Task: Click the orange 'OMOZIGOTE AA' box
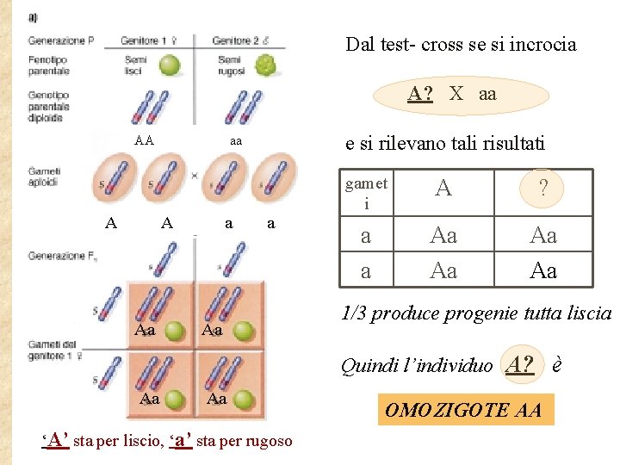tap(464, 410)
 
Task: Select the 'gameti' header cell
tap(366, 193)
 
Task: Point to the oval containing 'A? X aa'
tap(453, 94)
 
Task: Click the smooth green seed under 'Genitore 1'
tap(170, 65)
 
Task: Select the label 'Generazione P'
tap(60, 40)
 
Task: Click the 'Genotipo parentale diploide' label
tap(48, 117)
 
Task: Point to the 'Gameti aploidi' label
tap(44, 177)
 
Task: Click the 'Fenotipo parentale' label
tap(48, 65)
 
